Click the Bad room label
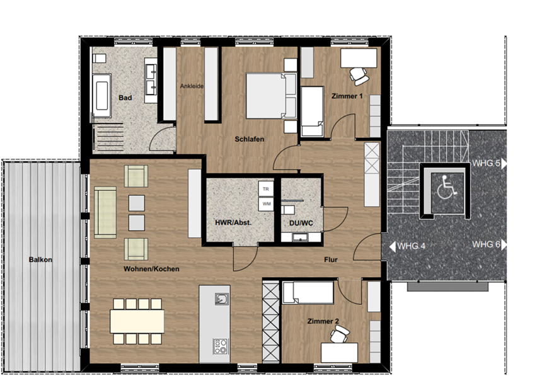pos(125,98)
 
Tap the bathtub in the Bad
pos(101,95)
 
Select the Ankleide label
pos(192,86)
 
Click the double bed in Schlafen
pos(272,95)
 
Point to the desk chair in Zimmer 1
pos(359,76)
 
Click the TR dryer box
pos(266,189)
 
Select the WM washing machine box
pos(266,204)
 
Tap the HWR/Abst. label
pos(233,223)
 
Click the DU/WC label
pos(301,223)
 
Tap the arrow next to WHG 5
pos(504,164)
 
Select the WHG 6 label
pos(486,244)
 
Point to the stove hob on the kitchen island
pos(221,346)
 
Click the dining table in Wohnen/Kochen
pos(137,321)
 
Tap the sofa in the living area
pos(105,212)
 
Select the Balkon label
pos(40,259)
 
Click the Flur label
pos(331,259)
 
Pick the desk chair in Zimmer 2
pos(340,334)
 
